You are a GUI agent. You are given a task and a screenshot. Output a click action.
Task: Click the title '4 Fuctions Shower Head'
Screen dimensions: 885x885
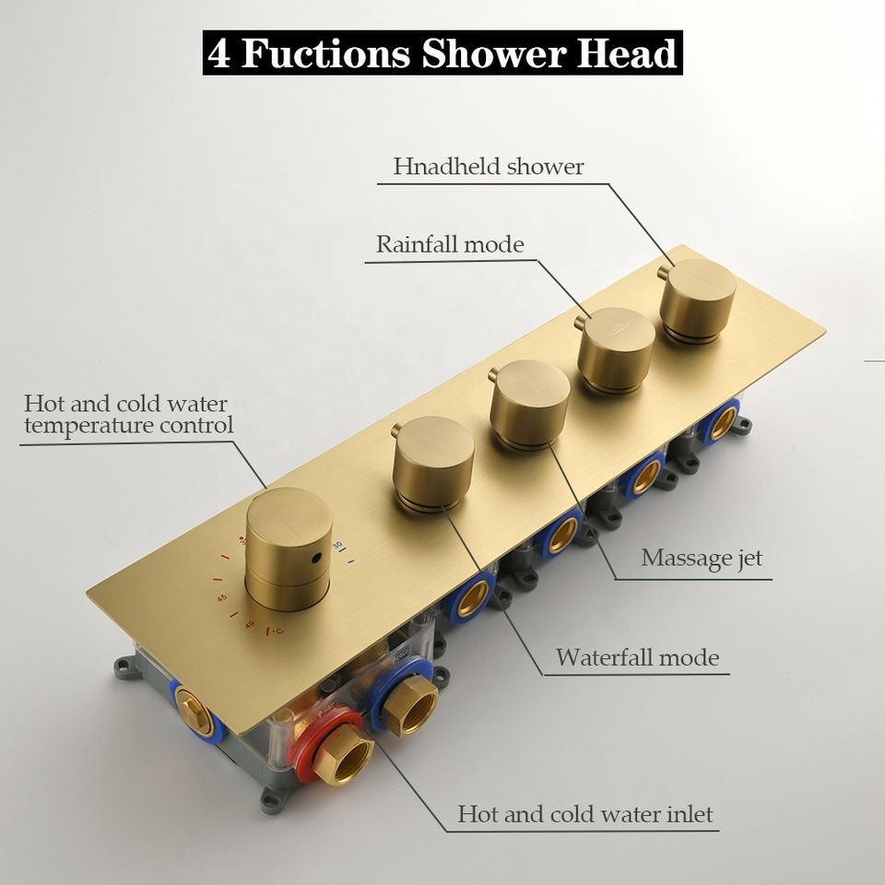pos(442,53)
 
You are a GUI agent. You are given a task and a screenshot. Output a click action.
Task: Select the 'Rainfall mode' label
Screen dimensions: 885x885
pos(449,245)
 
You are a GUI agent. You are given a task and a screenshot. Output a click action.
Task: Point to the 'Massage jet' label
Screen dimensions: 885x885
pos(702,558)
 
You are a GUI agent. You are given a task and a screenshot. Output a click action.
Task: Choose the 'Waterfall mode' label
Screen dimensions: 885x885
pos(637,658)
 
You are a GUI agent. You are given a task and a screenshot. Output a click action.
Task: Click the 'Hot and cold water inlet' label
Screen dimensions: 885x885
pos(584,815)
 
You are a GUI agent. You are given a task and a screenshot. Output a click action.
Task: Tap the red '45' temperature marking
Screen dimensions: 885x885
pos(222,597)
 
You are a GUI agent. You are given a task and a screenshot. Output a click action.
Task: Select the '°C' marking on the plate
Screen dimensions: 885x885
pos(275,631)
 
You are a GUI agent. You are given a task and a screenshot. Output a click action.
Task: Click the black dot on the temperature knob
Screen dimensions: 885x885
pos(315,559)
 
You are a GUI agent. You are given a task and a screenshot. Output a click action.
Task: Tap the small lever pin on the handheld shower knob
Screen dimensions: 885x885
pos(662,273)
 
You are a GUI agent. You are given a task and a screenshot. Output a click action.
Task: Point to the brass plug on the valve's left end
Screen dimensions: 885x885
pos(195,711)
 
